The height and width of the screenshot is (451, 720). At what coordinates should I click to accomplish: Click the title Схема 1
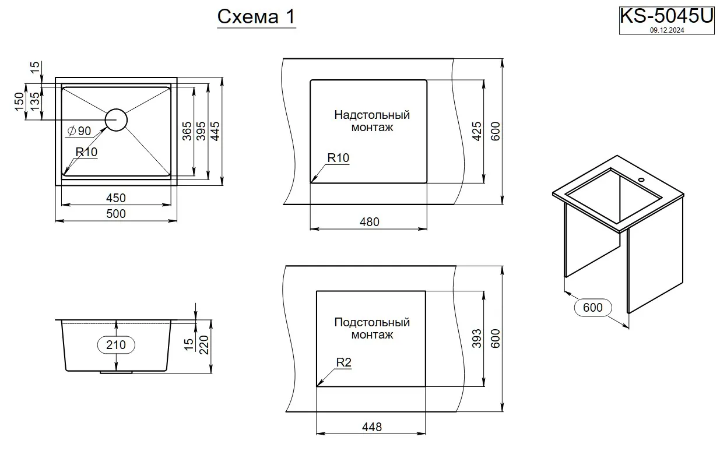tap(256, 17)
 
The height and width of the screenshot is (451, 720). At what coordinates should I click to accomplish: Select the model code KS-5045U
tap(666, 16)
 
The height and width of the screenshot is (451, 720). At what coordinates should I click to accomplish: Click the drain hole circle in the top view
tap(116, 119)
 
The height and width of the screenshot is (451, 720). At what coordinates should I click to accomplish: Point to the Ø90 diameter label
tap(79, 131)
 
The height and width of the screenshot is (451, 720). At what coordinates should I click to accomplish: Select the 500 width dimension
tap(116, 214)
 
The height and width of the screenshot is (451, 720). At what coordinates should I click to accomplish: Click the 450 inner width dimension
tap(116, 198)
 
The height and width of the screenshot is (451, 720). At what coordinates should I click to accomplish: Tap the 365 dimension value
tap(187, 132)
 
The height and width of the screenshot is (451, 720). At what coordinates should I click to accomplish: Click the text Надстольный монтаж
tap(372, 121)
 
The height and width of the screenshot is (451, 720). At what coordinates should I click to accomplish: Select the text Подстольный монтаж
tap(372, 328)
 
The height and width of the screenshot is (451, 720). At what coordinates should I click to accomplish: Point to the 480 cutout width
tap(369, 221)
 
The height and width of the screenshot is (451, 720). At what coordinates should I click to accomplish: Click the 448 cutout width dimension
tap(371, 427)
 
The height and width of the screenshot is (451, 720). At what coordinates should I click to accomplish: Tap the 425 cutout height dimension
tap(476, 132)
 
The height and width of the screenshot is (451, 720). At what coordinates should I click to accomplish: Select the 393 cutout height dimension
tap(476, 339)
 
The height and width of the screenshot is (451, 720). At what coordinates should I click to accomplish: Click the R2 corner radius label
tap(344, 362)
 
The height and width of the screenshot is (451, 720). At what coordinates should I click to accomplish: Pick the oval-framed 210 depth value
tap(116, 345)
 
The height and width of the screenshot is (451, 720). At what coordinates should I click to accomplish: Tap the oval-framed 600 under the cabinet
tap(593, 307)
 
